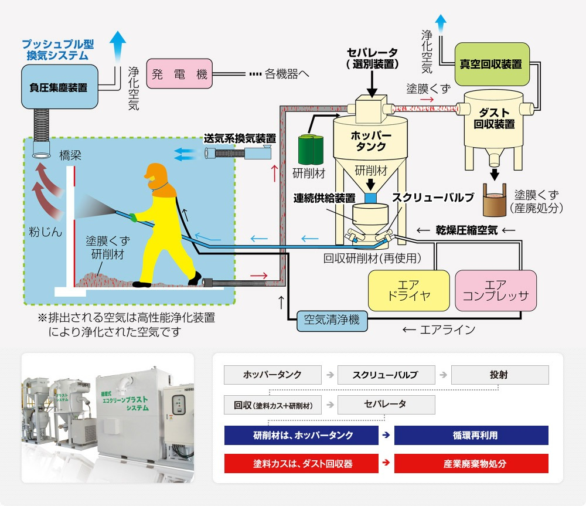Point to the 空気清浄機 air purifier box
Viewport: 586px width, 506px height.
332,320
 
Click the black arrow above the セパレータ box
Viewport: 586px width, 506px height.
372,83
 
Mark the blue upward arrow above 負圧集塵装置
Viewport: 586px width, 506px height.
119,45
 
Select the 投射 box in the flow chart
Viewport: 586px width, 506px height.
500,374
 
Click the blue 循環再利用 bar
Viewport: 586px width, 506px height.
471,435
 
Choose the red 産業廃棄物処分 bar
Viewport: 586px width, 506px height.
471,463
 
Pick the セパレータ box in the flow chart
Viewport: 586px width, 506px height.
386,405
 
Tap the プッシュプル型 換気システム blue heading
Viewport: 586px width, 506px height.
57,50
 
